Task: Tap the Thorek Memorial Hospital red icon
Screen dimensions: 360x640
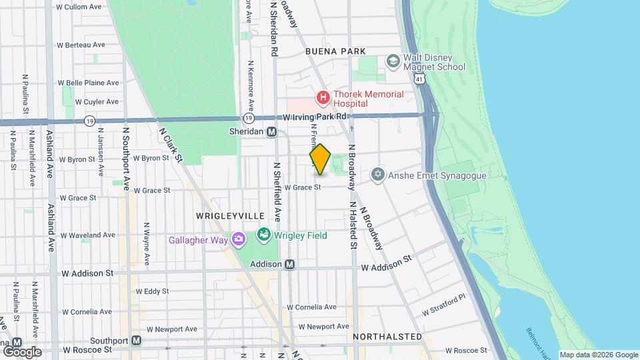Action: click(323, 99)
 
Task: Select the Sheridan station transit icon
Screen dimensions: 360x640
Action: click(272, 132)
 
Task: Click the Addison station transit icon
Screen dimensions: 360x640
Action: click(289, 264)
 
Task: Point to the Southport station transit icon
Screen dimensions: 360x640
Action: click(136, 340)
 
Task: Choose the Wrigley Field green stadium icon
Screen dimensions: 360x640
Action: click(264, 235)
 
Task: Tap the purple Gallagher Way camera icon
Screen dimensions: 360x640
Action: click(238, 239)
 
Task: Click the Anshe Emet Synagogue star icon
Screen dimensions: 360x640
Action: click(378, 175)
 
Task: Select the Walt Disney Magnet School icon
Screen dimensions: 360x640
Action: click(393, 62)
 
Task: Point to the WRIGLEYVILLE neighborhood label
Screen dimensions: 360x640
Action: click(230, 217)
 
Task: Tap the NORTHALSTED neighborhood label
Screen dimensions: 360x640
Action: click(387, 337)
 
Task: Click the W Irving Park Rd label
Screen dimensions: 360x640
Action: click(315, 117)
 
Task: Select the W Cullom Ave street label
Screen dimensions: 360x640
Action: click(79, 7)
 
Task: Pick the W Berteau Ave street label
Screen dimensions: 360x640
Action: click(81, 45)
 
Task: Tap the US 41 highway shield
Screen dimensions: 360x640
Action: click(419, 79)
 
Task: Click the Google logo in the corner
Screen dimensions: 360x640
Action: click(21, 351)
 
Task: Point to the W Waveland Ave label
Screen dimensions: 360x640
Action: click(87, 235)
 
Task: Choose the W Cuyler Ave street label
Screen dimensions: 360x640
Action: click(97, 102)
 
